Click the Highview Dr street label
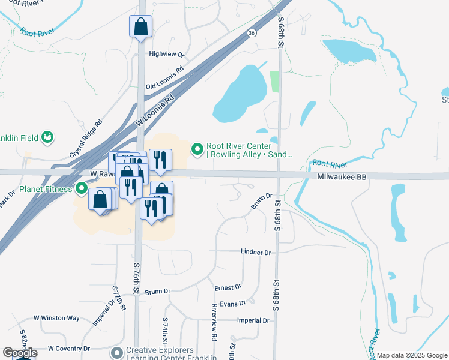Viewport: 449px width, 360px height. pyautogui.click(x=166, y=54)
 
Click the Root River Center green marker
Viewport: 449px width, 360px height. pyautogui.click(x=197, y=148)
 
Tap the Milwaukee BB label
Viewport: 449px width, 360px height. pyautogui.click(x=342, y=177)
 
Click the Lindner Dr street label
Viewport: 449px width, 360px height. pyautogui.click(x=256, y=253)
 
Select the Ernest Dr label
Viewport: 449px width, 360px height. pyautogui.click(x=228, y=288)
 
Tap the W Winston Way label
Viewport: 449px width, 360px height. pyautogui.click(x=56, y=318)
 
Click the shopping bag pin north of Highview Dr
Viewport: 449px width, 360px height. pyautogui.click(x=140, y=26)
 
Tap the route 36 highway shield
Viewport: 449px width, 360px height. pyautogui.click(x=251, y=34)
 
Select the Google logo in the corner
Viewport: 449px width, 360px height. pyautogui.click(x=20, y=353)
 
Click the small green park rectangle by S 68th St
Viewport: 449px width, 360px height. pyautogui.click(x=275, y=82)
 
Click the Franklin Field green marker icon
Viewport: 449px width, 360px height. pyautogui.click(x=47, y=137)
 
